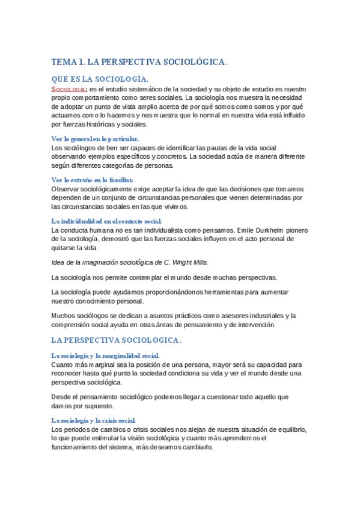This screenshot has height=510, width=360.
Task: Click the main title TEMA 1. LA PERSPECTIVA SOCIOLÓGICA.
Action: tap(139, 62)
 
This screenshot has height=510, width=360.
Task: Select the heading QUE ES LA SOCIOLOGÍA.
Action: tap(100, 79)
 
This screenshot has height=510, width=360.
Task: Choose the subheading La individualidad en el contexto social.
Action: tap(106, 221)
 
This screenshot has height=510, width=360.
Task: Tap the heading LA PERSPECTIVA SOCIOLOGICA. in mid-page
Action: tap(116, 340)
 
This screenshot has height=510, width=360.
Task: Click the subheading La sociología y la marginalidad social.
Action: tap(105, 355)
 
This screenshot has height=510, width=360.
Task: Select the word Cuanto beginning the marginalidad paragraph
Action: tap(63, 364)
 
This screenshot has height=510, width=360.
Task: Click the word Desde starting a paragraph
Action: tap(62, 397)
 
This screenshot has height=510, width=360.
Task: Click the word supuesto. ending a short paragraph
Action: tap(91, 406)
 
